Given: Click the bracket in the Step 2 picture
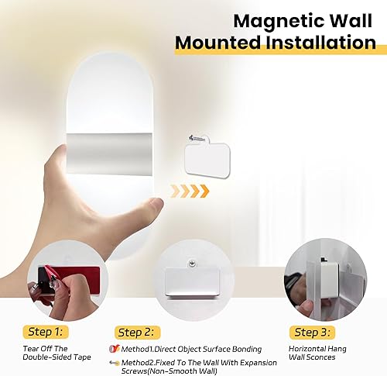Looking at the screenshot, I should pos(190,281).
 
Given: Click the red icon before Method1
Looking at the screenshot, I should pos(113,350).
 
